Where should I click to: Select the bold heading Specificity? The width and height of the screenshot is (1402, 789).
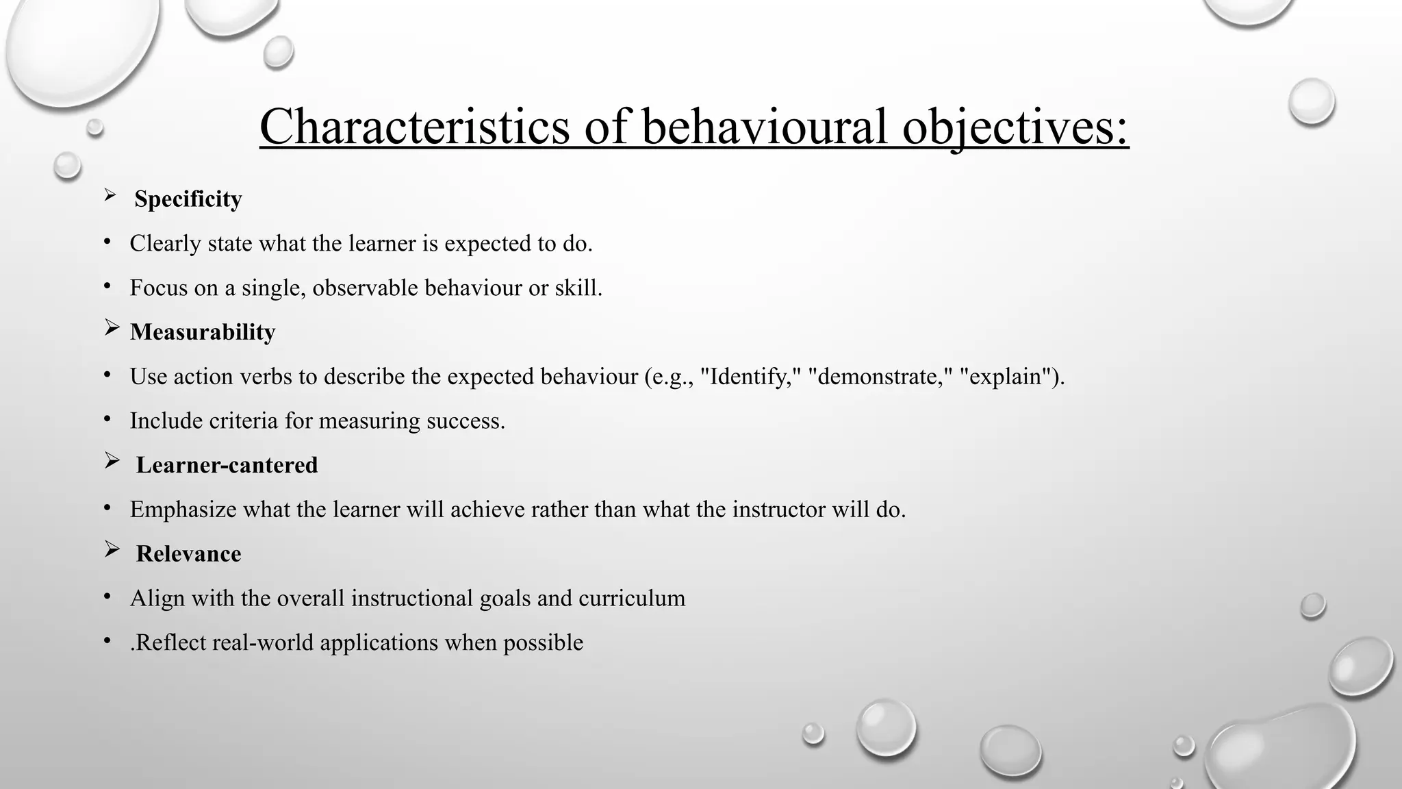tap(188, 199)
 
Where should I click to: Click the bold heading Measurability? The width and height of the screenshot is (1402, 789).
tap(203, 332)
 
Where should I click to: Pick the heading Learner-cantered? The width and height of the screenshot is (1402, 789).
tap(227, 465)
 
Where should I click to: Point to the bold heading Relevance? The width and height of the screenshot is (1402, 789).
tap(188, 554)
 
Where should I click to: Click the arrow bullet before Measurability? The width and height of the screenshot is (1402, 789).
tap(112, 329)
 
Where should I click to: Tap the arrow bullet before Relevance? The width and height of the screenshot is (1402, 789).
tap(112, 550)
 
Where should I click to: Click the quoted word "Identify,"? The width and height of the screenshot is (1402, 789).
tap(750, 377)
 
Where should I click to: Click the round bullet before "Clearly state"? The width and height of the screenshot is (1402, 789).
tap(107, 242)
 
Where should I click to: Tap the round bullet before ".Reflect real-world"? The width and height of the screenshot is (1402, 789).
tap(107, 641)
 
